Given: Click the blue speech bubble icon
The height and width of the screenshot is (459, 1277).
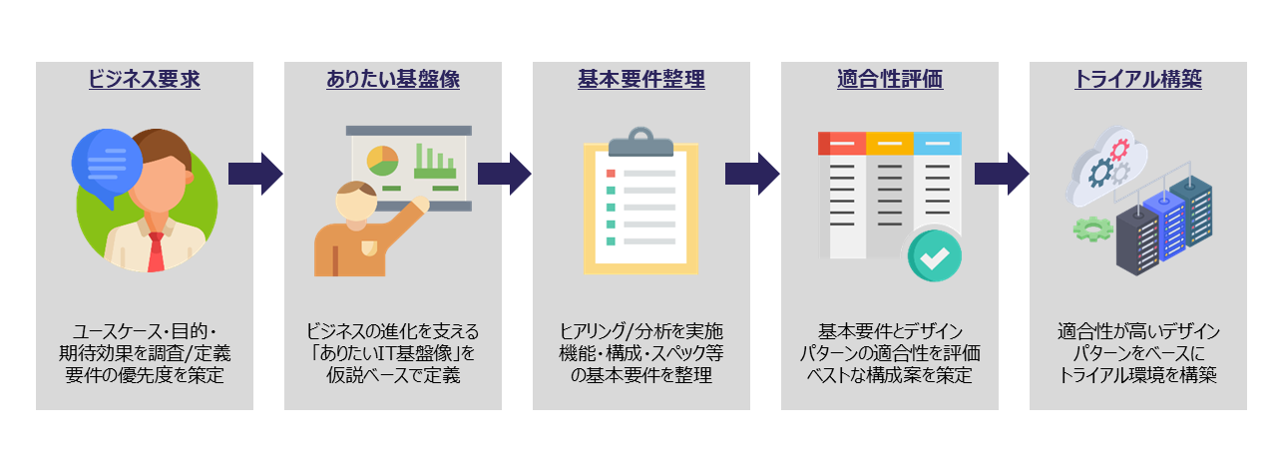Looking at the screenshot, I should [107, 163].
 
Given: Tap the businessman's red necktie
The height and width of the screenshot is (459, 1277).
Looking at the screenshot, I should [156, 252].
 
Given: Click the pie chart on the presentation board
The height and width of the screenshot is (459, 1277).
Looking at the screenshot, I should [382, 160].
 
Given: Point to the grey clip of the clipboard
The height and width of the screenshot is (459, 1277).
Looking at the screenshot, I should [640, 144].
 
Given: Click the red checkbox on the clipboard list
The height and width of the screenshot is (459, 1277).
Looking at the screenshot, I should [611, 173].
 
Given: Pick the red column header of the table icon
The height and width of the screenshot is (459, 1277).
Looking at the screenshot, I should [841, 143].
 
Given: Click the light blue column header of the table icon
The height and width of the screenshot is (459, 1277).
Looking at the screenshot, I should [938, 143].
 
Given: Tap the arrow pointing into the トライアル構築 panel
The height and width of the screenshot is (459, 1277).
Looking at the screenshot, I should [1001, 174].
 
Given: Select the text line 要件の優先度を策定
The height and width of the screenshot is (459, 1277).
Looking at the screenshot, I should [145, 375].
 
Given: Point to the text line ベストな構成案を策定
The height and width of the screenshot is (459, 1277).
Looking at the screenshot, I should [890, 375].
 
